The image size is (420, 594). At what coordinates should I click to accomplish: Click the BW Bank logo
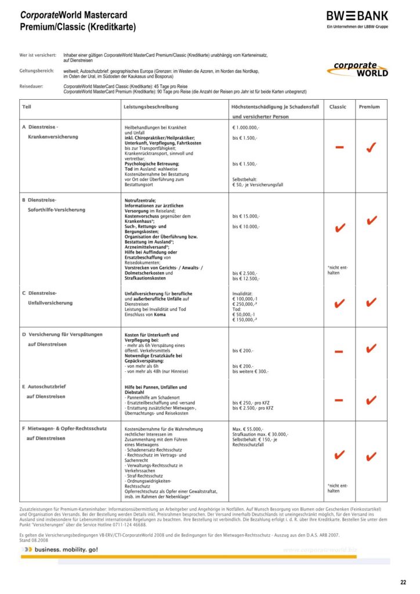point(357,17)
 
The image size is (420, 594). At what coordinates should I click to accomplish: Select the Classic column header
point(338,107)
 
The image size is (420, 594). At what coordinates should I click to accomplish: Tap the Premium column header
point(370,107)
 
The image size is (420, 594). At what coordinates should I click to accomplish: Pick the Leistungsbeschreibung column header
point(151,107)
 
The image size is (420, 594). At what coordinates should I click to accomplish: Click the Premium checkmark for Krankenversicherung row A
point(370,148)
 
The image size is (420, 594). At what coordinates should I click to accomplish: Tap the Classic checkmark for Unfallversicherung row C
point(340,303)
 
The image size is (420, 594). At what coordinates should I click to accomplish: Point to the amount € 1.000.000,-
point(246,126)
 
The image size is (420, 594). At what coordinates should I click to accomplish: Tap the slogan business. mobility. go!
point(66,549)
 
